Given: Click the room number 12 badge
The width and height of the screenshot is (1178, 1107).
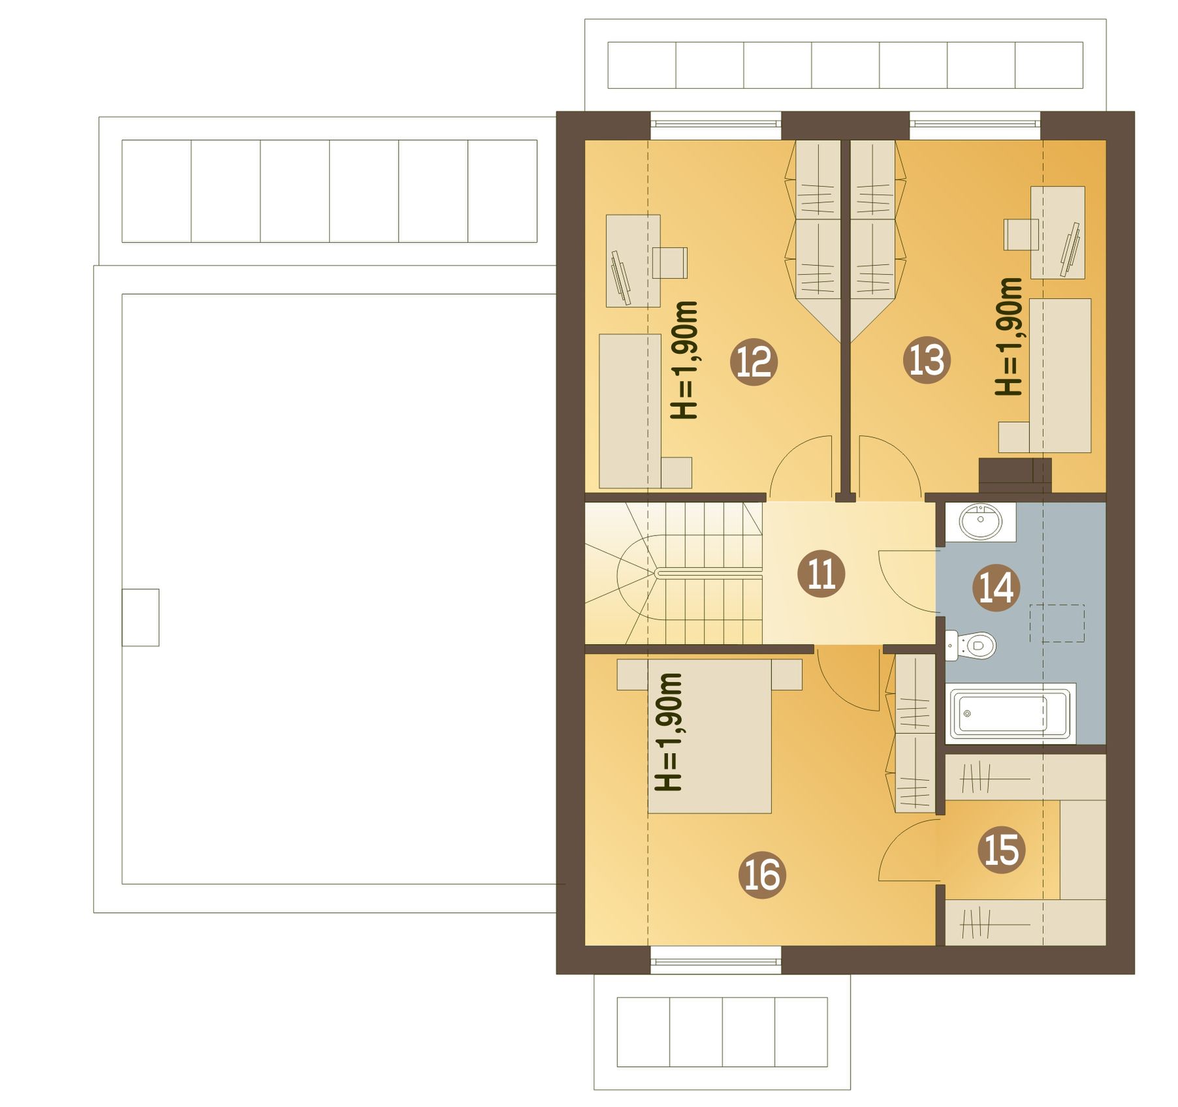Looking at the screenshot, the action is pyautogui.click(x=754, y=361).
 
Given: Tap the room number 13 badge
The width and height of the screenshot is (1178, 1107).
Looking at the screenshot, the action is pyautogui.click(x=927, y=360).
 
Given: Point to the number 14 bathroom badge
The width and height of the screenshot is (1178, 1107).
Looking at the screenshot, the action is pyautogui.click(x=996, y=587).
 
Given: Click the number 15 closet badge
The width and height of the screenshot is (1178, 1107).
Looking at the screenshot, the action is pyautogui.click(x=1002, y=850).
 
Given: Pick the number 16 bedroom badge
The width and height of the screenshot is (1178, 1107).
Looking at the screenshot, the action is pyautogui.click(x=762, y=875).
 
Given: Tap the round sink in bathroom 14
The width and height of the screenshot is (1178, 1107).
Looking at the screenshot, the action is pyautogui.click(x=981, y=522).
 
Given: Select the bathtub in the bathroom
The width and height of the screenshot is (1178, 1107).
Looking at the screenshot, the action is pyautogui.click(x=1010, y=713).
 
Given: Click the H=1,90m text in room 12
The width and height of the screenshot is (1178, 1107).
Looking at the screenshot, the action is pyautogui.click(x=684, y=360).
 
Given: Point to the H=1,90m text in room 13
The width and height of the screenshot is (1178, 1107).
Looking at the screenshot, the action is pyautogui.click(x=1008, y=336).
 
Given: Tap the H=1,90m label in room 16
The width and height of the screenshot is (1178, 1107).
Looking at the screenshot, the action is pyautogui.click(x=668, y=732).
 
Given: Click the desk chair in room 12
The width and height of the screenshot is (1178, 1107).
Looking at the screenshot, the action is pyautogui.click(x=670, y=262).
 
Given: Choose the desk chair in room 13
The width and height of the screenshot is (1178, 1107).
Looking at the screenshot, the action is pyautogui.click(x=1021, y=234).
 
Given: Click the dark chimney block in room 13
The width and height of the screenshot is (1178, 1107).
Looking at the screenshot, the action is pyautogui.click(x=1015, y=475).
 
